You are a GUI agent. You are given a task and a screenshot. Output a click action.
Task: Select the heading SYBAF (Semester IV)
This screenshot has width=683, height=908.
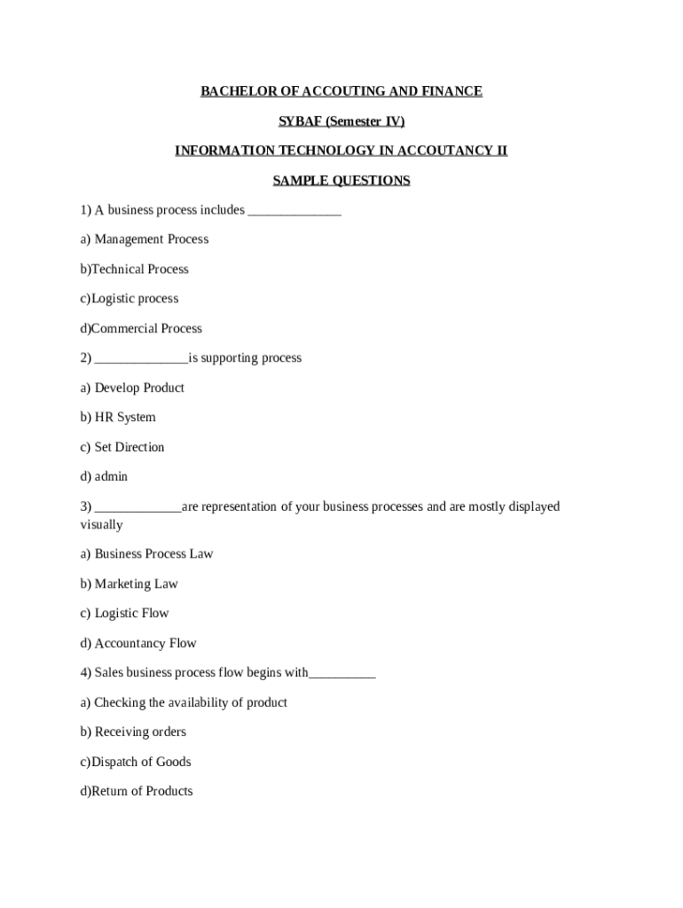[x=341, y=121]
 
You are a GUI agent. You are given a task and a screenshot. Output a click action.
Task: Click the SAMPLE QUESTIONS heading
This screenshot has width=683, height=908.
[x=341, y=181]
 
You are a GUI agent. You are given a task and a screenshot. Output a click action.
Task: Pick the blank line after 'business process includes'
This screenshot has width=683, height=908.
[x=294, y=211]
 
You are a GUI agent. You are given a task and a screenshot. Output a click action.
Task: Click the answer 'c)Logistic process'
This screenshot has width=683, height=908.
[x=130, y=299]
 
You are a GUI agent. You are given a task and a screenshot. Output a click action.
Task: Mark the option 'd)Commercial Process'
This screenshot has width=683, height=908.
[x=141, y=329]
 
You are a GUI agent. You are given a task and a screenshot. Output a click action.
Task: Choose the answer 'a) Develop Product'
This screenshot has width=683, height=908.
[x=132, y=388]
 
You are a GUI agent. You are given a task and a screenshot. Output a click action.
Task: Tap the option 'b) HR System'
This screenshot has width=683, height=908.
[x=118, y=418]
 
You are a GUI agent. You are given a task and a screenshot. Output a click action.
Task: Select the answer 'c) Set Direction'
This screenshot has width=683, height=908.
[x=122, y=448]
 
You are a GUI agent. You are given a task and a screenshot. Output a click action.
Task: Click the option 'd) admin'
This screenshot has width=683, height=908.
[x=104, y=477]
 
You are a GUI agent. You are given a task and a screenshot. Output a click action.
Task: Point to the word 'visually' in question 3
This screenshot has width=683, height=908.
[x=101, y=525]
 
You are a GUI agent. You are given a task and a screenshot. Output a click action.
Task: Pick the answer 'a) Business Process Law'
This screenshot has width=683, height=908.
[x=146, y=554]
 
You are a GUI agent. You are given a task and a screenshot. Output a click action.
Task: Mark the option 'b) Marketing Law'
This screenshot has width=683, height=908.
[x=130, y=584]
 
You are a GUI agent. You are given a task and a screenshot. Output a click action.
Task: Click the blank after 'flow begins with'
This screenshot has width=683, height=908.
[x=342, y=674]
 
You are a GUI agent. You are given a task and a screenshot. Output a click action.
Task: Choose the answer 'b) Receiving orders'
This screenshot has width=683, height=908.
[x=133, y=732]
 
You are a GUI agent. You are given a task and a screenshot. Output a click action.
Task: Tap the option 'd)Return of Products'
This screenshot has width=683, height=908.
[x=136, y=792]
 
